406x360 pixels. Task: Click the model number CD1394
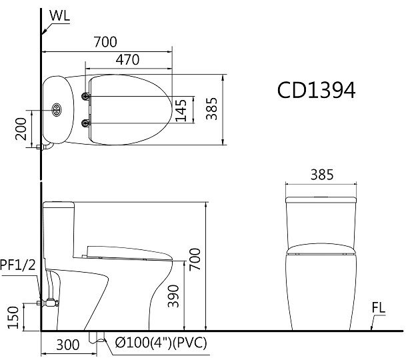(x=316, y=90)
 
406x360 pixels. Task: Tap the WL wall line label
(x=59, y=14)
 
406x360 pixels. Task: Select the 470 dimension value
(x=127, y=59)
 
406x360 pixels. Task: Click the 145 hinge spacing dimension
(x=181, y=109)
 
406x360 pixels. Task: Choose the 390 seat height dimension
(x=173, y=293)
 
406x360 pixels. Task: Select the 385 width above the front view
(x=323, y=175)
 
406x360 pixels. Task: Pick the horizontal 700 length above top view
(x=105, y=43)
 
